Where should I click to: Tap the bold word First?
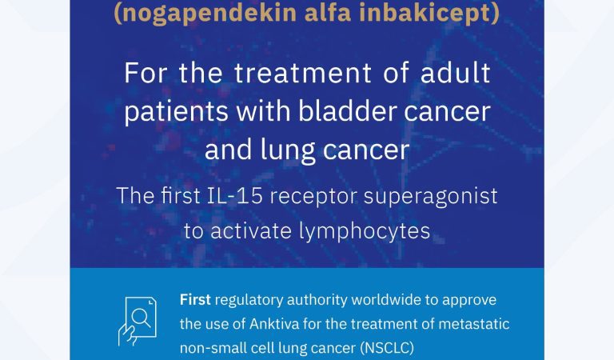coord(195,299)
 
